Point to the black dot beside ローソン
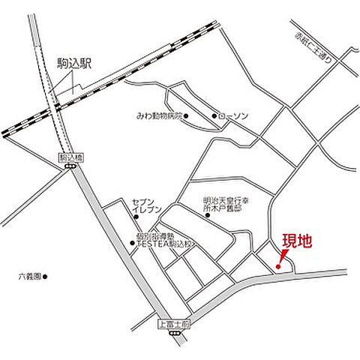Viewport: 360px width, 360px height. coord(214,116)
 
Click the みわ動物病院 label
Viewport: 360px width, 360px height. coord(158,116)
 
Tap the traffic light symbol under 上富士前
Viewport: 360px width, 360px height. coord(176,334)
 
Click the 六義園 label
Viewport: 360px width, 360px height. coord(28,277)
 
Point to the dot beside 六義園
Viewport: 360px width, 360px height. coord(45,277)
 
